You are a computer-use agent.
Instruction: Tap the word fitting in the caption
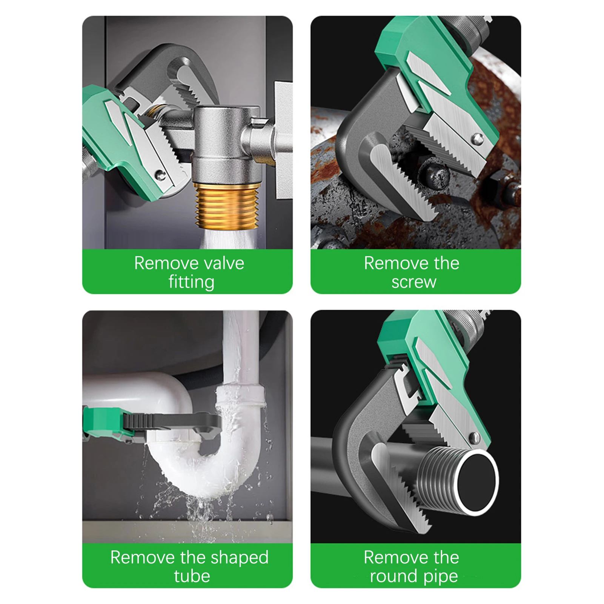click(x=191, y=282)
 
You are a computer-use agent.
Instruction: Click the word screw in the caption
click(x=413, y=282)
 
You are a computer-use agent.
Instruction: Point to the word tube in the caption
click(x=192, y=576)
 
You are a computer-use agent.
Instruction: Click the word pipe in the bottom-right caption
click(x=440, y=576)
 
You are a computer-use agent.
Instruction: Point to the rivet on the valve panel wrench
click(x=161, y=175)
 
